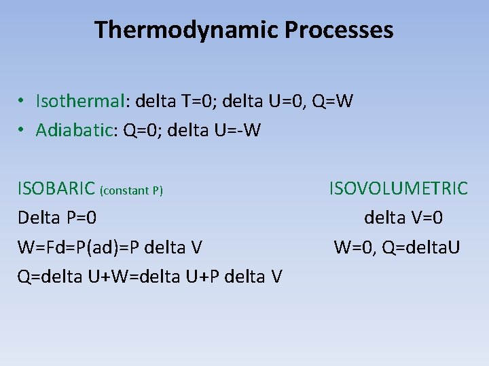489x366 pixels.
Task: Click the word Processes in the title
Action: (x=340, y=30)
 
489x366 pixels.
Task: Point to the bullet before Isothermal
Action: (x=22, y=102)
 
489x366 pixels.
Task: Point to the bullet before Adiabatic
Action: (x=22, y=129)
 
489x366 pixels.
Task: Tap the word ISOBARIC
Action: (x=56, y=188)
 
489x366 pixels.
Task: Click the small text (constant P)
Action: (x=131, y=190)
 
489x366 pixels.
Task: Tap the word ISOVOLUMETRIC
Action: (x=399, y=188)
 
